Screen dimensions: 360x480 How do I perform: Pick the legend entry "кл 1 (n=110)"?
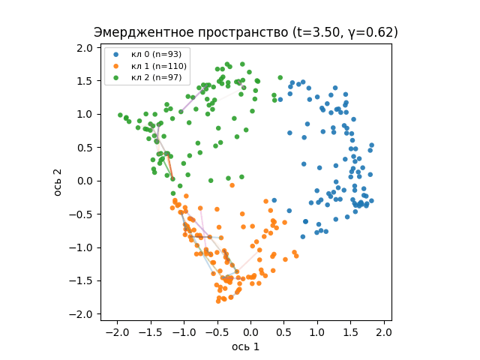click(x=158, y=66)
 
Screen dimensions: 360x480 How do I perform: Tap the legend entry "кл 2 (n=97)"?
click(x=155, y=77)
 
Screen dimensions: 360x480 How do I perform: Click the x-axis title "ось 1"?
click(x=245, y=346)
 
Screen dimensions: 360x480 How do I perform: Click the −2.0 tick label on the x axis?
click(x=116, y=332)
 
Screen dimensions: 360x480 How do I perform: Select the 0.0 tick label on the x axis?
click(x=250, y=332)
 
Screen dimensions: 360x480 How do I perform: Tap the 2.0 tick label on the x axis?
click(x=384, y=332)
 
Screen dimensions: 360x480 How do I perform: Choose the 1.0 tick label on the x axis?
click(x=317, y=332)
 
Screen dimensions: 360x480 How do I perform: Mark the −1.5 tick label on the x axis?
click(x=149, y=332)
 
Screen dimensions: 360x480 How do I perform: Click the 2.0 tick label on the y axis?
click(x=84, y=48)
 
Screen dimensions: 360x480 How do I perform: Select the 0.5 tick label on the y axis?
click(x=84, y=148)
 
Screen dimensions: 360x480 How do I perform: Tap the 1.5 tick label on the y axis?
click(x=84, y=81)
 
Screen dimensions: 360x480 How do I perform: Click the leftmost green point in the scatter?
click(x=120, y=115)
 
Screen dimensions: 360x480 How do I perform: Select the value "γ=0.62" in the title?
click(x=373, y=32)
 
